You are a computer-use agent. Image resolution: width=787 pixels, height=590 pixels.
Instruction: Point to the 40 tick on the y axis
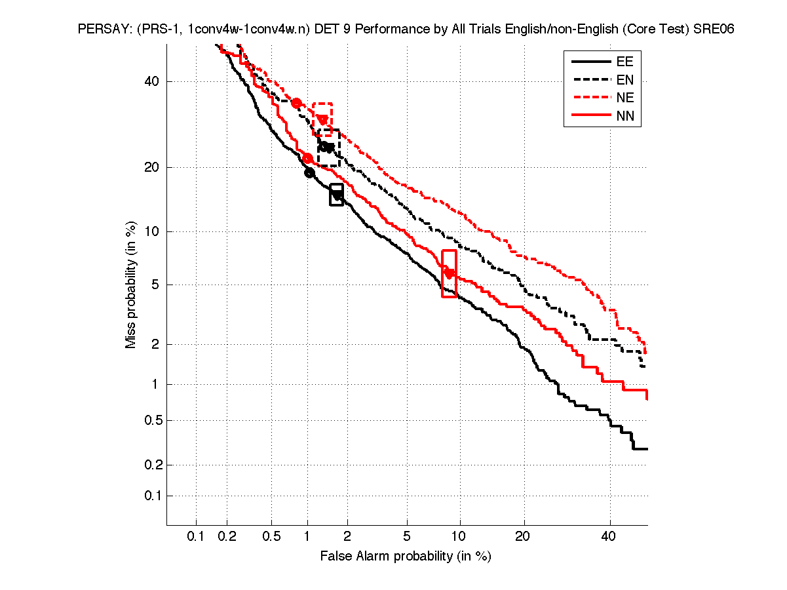(x=153, y=81)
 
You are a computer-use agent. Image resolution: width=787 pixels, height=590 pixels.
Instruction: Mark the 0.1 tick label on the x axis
(x=196, y=537)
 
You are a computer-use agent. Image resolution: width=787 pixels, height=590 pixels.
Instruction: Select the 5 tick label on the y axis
(x=156, y=285)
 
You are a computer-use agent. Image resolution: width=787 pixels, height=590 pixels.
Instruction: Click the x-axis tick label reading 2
(x=347, y=537)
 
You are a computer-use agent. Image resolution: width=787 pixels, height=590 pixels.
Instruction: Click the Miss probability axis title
(x=131, y=285)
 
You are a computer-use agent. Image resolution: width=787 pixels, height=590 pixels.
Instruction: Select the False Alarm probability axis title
(x=406, y=557)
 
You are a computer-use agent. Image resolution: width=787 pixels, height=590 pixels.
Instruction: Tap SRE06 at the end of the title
(x=714, y=29)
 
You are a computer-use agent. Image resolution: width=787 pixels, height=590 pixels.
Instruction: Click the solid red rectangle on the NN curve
(x=450, y=273)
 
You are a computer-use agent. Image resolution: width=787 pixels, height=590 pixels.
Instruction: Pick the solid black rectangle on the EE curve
(x=337, y=195)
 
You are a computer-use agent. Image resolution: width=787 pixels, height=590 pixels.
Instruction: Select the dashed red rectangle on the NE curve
(x=322, y=119)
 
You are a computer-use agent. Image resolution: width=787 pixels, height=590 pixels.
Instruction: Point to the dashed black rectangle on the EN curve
(x=328, y=147)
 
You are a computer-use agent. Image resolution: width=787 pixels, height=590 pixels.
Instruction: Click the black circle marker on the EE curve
(x=310, y=173)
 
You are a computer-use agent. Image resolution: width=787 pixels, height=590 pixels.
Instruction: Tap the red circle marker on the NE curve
(x=296, y=103)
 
